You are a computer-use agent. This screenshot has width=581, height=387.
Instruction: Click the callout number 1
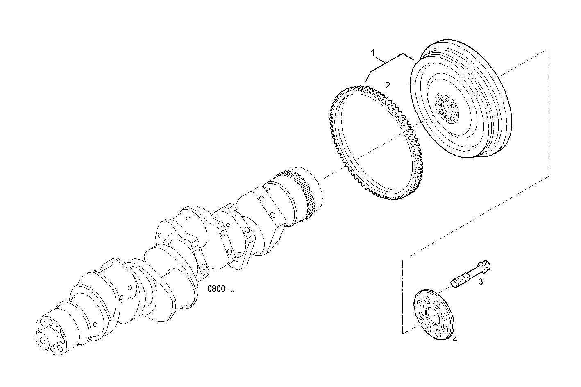pos(373,52)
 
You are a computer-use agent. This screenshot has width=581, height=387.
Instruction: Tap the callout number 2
pos(387,85)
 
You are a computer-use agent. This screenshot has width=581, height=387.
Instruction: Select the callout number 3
pos(481,282)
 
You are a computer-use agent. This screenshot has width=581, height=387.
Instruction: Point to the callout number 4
pos(455,339)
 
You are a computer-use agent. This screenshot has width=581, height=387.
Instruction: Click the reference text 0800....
pos(221,289)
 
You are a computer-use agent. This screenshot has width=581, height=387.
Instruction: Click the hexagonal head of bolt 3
pos(486,266)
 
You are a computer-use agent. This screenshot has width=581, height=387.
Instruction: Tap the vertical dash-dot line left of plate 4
pos(403,295)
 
